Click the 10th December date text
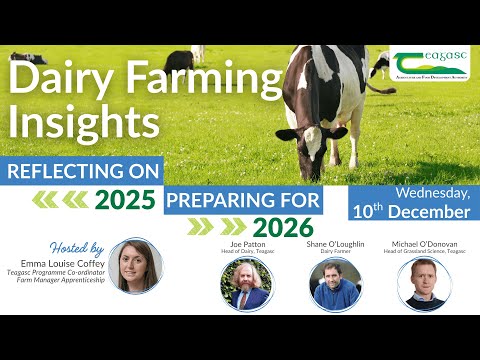coord(410,211)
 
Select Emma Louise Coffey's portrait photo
coord(136,264)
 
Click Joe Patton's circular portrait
coord(246,283)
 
